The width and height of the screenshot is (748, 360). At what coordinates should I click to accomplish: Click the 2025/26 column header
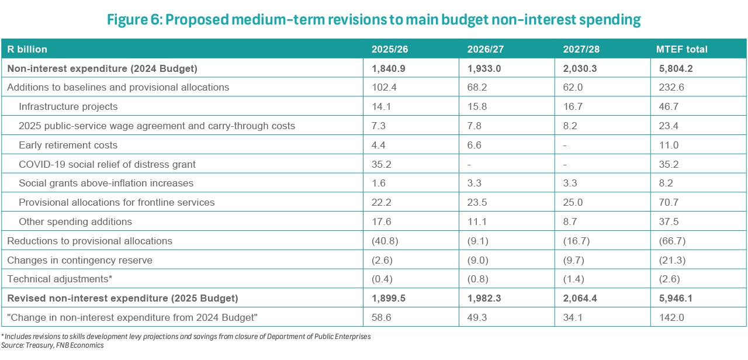tap(390, 49)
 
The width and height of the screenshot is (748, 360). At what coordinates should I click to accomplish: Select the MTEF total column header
tap(681, 49)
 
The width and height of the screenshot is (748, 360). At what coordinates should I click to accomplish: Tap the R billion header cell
tap(27, 49)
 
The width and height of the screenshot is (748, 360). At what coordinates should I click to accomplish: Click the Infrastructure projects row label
tap(68, 106)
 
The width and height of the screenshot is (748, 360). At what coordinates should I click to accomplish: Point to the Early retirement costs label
tap(68, 145)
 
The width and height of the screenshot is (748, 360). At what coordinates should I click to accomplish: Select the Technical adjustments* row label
tap(60, 279)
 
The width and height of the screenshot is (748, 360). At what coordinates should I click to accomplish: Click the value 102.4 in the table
tap(384, 87)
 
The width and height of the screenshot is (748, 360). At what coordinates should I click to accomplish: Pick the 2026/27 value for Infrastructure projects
tap(477, 106)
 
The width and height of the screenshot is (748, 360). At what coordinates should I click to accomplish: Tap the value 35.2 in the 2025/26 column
tap(382, 164)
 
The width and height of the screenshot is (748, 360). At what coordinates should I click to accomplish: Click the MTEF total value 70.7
tap(669, 202)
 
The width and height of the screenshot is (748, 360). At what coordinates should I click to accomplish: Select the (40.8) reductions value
tap(385, 241)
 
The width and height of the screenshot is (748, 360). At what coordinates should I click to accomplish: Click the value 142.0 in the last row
tap(671, 317)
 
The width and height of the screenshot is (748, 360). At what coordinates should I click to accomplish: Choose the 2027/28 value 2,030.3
tap(580, 68)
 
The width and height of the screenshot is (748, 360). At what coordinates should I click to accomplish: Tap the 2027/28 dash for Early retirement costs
tap(565, 146)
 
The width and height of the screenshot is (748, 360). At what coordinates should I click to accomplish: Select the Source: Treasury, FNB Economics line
tap(53, 345)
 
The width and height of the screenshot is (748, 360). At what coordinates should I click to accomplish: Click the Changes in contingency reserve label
tap(80, 260)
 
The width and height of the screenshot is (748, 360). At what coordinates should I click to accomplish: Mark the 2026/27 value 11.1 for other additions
tap(477, 221)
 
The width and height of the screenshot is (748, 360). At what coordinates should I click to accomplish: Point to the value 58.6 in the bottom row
tap(382, 317)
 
